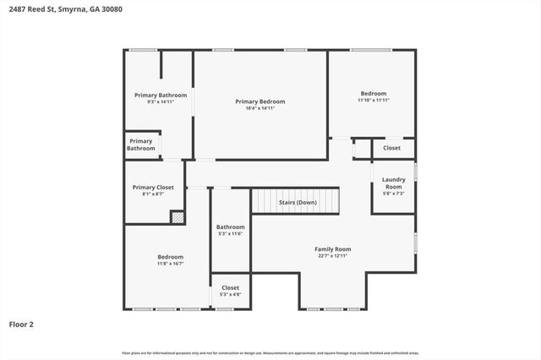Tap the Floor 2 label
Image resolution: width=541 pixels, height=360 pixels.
pyautogui.click(x=22, y=324)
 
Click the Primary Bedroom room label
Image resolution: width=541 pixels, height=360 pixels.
pyautogui.click(x=260, y=101)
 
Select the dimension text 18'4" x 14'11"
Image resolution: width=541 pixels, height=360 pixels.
pyautogui.click(x=260, y=108)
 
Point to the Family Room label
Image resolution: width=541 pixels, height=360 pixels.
pyautogui.click(x=332, y=249)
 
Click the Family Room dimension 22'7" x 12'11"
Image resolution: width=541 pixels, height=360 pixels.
pyautogui.click(x=332, y=256)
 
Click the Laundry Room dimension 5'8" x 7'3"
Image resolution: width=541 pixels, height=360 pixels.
pyautogui.click(x=393, y=194)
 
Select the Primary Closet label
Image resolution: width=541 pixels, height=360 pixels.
pyautogui.click(x=153, y=187)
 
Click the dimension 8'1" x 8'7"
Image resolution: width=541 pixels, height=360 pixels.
pyautogui.click(x=153, y=194)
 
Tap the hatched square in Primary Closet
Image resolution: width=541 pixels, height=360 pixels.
pyautogui.click(x=178, y=217)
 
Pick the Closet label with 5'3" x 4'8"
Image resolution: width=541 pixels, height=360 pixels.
pyautogui.click(x=230, y=288)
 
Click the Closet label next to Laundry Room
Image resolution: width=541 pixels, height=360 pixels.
pyautogui.click(x=391, y=148)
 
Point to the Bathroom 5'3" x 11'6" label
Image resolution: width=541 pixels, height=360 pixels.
pyautogui.click(x=230, y=226)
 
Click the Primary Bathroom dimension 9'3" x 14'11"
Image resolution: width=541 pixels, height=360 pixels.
pyautogui.click(x=160, y=101)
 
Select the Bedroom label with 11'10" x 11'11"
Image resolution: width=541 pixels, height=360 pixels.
pyautogui.click(x=373, y=93)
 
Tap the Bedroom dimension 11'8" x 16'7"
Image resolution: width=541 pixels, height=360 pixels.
pyautogui.click(x=170, y=264)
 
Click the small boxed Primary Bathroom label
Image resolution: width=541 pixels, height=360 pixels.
pyautogui.click(x=141, y=145)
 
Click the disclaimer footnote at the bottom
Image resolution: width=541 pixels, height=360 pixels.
pyautogui.click(x=270, y=352)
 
